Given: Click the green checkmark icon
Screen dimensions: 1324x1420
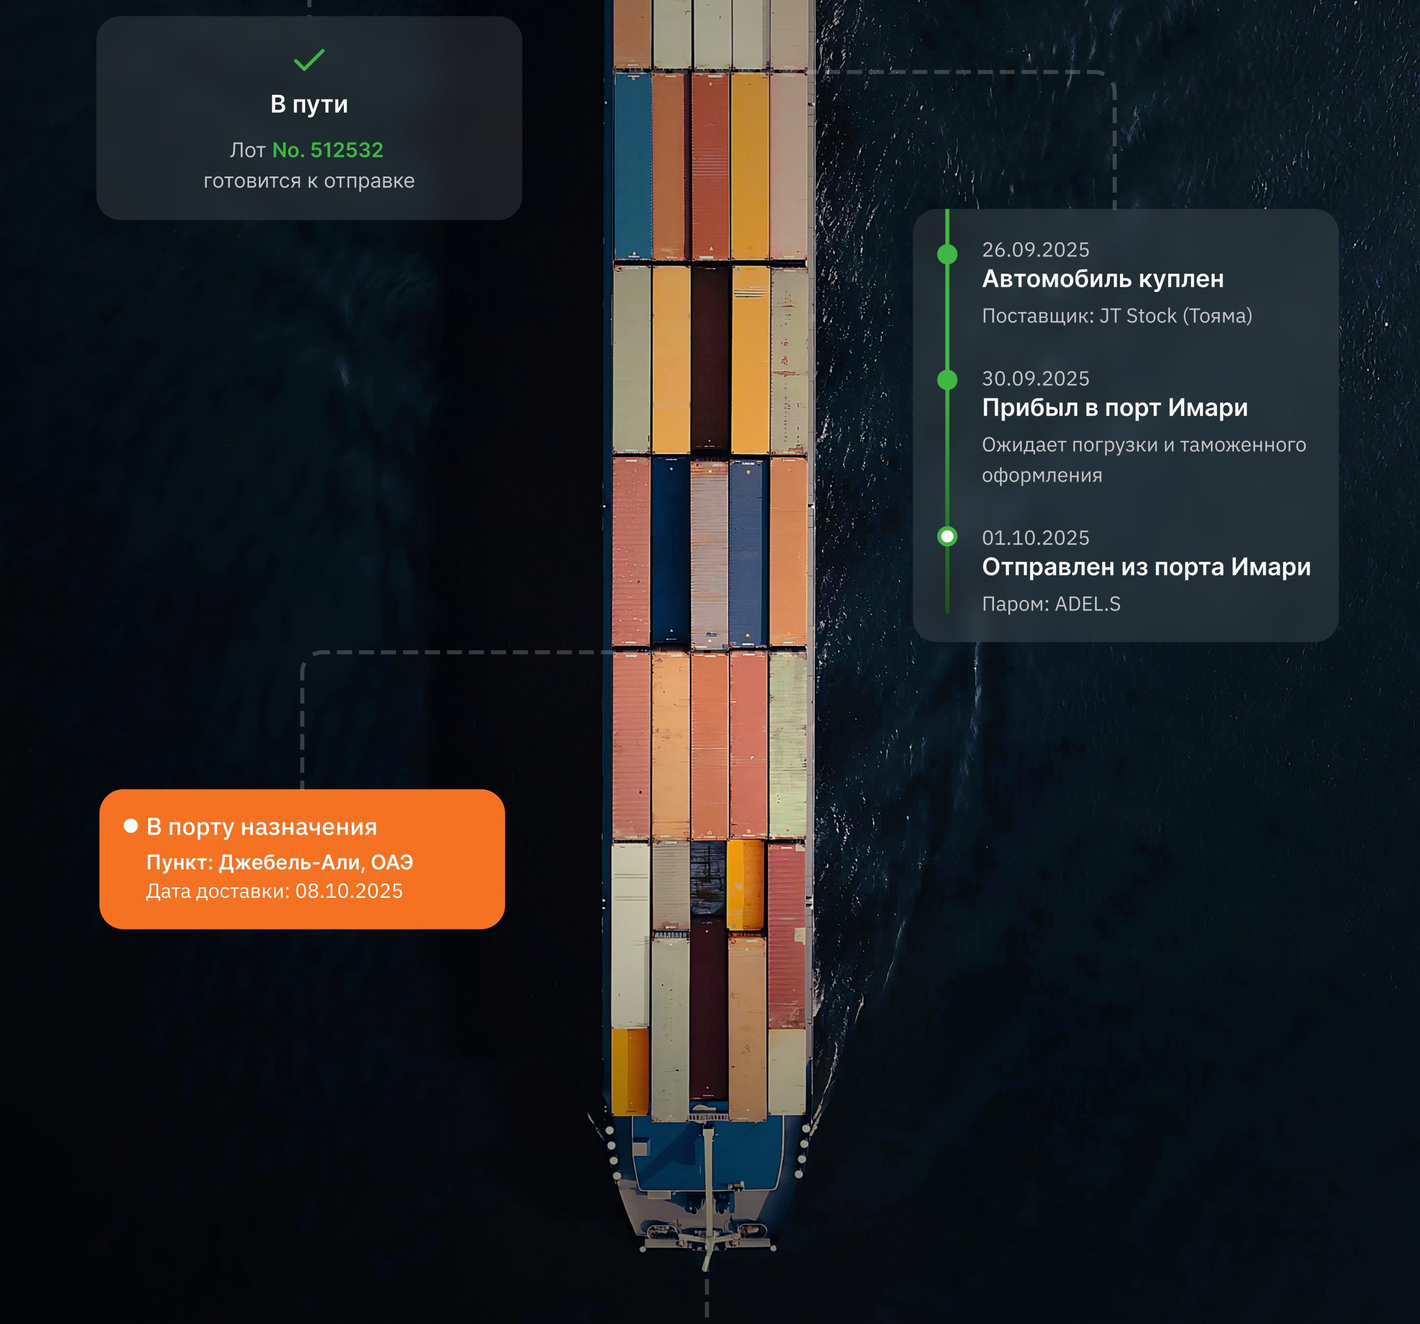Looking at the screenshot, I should pyautogui.click(x=310, y=59).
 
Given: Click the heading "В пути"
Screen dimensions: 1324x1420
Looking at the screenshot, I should pyautogui.click(x=310, y=104).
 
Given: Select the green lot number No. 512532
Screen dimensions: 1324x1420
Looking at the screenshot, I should pyautogui.click(x=328, y=150).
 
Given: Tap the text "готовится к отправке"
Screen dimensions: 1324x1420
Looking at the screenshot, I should pyautogui.click(x=310, y=181).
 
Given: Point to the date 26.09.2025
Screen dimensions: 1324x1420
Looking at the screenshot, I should pyautogui.click(x=1036, y=249).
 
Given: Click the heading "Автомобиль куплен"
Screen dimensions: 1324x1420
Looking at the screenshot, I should pyautogui.click(x=1103, y=279).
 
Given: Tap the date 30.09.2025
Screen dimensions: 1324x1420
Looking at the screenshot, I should pyautogui.click(x=1036, y=378).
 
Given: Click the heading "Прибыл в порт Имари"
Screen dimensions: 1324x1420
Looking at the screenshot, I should pyautogui.click(x=1114, y=407).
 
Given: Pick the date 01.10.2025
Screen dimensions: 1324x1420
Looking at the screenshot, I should pyautogui.click(x=1036, y=537).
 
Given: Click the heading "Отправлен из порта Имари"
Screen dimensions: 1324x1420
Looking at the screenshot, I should pyautogui.click(x=1147, y=567).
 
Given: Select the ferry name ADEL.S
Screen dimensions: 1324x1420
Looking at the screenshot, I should pyautogui.click(x=1088, y=604).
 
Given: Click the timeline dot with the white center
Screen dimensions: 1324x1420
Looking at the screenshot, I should pyautogui.click(x=947, y=536).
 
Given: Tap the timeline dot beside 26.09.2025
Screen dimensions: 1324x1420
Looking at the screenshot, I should pyautogui.click(x=947, y=254).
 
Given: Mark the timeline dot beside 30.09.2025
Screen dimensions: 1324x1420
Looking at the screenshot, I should pyautogui.click(x=947, y=380).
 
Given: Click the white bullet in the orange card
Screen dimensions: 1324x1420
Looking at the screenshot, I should pyautogui.click(x=131, y=826).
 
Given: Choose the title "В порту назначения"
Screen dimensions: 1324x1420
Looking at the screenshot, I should pyautogui.click(x=261, y=827).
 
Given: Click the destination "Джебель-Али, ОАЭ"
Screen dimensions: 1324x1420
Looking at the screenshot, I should pyautogui.click(x=316, y=862).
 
